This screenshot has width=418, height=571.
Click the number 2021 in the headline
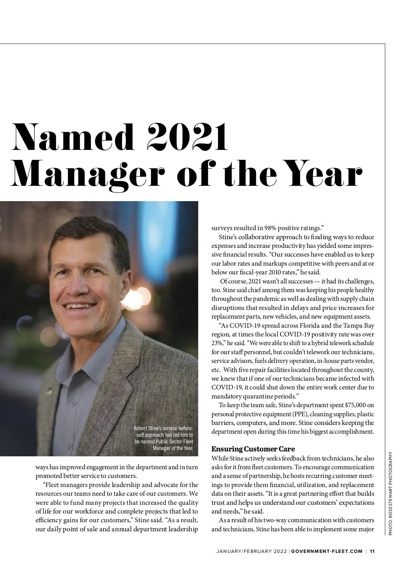coord(187,137)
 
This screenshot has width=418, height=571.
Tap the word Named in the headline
coord(73,137)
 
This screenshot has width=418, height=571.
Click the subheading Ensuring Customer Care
coord(253,449)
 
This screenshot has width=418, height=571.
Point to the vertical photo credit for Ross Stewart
coord(390,493)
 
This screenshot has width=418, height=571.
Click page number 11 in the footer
coord(372,551)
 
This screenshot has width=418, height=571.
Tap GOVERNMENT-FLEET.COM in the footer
coord(327,551)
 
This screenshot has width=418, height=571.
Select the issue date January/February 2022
coord(251,551)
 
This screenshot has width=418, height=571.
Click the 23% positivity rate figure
coord(217,343)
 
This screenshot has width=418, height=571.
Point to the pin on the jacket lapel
coord(49,390)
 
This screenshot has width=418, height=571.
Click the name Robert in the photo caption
coord(141,428)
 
